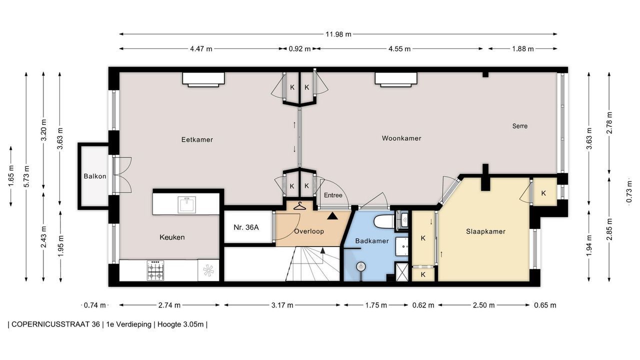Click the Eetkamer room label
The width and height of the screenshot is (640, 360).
click(197, 139)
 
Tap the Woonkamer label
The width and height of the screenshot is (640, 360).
click(401, 138)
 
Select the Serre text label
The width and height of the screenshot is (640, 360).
click(519, 126)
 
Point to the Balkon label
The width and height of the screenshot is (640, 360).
click(95, 176)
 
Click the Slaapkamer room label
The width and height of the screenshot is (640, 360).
click(485, 231)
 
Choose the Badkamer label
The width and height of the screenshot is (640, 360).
click(372, 241)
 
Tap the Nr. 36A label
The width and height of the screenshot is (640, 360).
click(246, 227)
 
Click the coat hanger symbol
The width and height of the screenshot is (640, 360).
click(299, 205)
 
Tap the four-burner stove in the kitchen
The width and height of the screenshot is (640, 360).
click(155, 270)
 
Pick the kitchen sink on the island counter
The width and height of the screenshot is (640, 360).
click(186, 204)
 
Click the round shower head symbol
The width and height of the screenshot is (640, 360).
click(360, 266)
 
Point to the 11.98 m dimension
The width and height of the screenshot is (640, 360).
click(338, 34)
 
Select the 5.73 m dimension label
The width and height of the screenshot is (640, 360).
click(26, 176)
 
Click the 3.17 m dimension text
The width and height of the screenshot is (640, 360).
click(282, 305)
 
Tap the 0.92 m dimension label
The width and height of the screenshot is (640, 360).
click(299, 49)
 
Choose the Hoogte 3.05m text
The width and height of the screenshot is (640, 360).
click(180, 324)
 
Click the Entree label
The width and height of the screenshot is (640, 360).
click(333, 195)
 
